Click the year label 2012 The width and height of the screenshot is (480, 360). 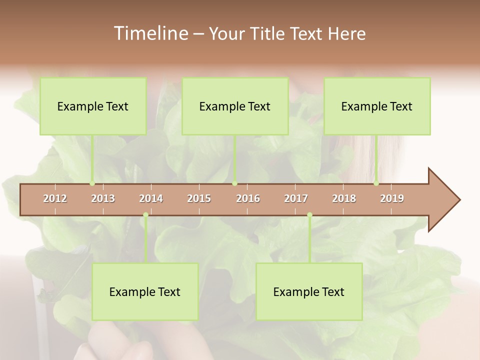[55, 198]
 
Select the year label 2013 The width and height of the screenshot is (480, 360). [103, 198]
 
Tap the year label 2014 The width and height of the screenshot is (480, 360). [151, 198]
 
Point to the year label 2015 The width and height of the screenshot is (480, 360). [199, 198]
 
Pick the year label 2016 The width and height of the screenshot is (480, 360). [248, 198]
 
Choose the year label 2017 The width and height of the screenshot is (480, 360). [296, 198]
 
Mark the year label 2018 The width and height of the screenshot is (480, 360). [344, 198]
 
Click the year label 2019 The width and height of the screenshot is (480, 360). [392, 198]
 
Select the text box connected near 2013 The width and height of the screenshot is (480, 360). [93, 106]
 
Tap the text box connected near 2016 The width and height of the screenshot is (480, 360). [235, 106]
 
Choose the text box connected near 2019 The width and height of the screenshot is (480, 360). [377, 106]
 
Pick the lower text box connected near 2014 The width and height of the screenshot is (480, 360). [145, 291]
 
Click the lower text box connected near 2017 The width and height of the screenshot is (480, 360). [309, 291]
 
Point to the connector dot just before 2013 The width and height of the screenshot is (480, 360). [92, 183]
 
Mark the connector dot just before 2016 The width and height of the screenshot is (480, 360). [234, 183]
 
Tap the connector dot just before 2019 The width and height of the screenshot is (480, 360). [376, 183]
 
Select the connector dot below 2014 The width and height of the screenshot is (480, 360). [145, 215]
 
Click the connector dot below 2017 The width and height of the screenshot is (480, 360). [309, 215]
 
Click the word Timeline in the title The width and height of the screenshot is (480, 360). [150, 33]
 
